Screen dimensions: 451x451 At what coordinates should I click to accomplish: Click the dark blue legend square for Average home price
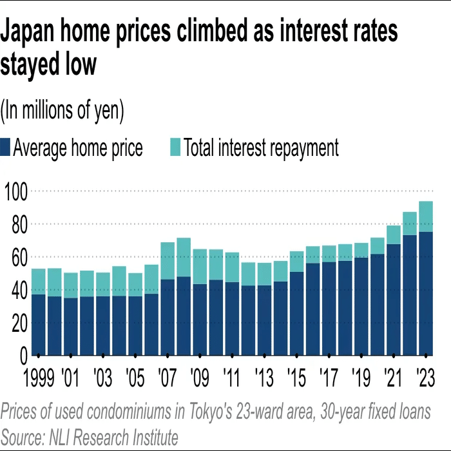pos(6,148)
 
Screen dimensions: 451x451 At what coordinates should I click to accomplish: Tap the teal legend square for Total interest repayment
pos(175,148)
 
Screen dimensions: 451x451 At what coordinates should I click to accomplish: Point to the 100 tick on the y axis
pos(15,191)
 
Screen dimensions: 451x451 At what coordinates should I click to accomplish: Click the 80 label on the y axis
pos(15,224)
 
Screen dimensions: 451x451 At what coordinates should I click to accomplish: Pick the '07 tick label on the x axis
pos(167,376)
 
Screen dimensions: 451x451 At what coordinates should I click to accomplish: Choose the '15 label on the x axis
pos(296,376)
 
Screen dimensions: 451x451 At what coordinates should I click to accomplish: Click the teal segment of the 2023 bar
pos(425,216)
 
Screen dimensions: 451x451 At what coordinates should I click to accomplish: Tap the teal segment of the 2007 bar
pos(168,261)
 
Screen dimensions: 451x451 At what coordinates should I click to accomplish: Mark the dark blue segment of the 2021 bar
pos(393,300)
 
